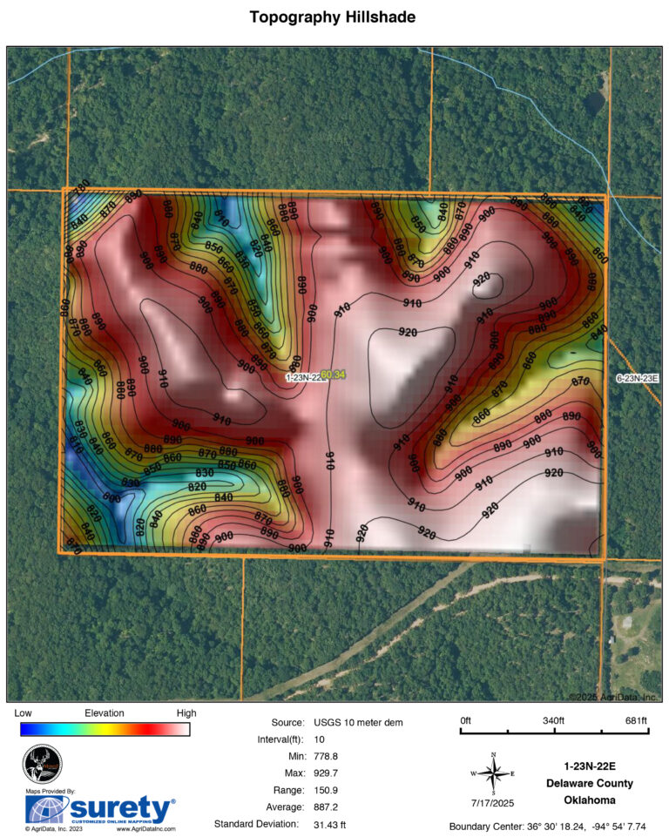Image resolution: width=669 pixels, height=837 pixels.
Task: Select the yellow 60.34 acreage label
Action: coord(333,375)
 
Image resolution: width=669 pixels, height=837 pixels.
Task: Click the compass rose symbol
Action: coord(493,773)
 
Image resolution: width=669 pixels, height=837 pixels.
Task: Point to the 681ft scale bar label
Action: coord(636,720)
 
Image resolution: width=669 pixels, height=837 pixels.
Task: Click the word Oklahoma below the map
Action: coord(589,800)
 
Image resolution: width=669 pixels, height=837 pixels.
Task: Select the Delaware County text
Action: coord(589,783)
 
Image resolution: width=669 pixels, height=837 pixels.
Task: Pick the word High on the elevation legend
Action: coord(186,712)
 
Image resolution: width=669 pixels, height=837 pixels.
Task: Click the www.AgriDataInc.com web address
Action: coord(145,829)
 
